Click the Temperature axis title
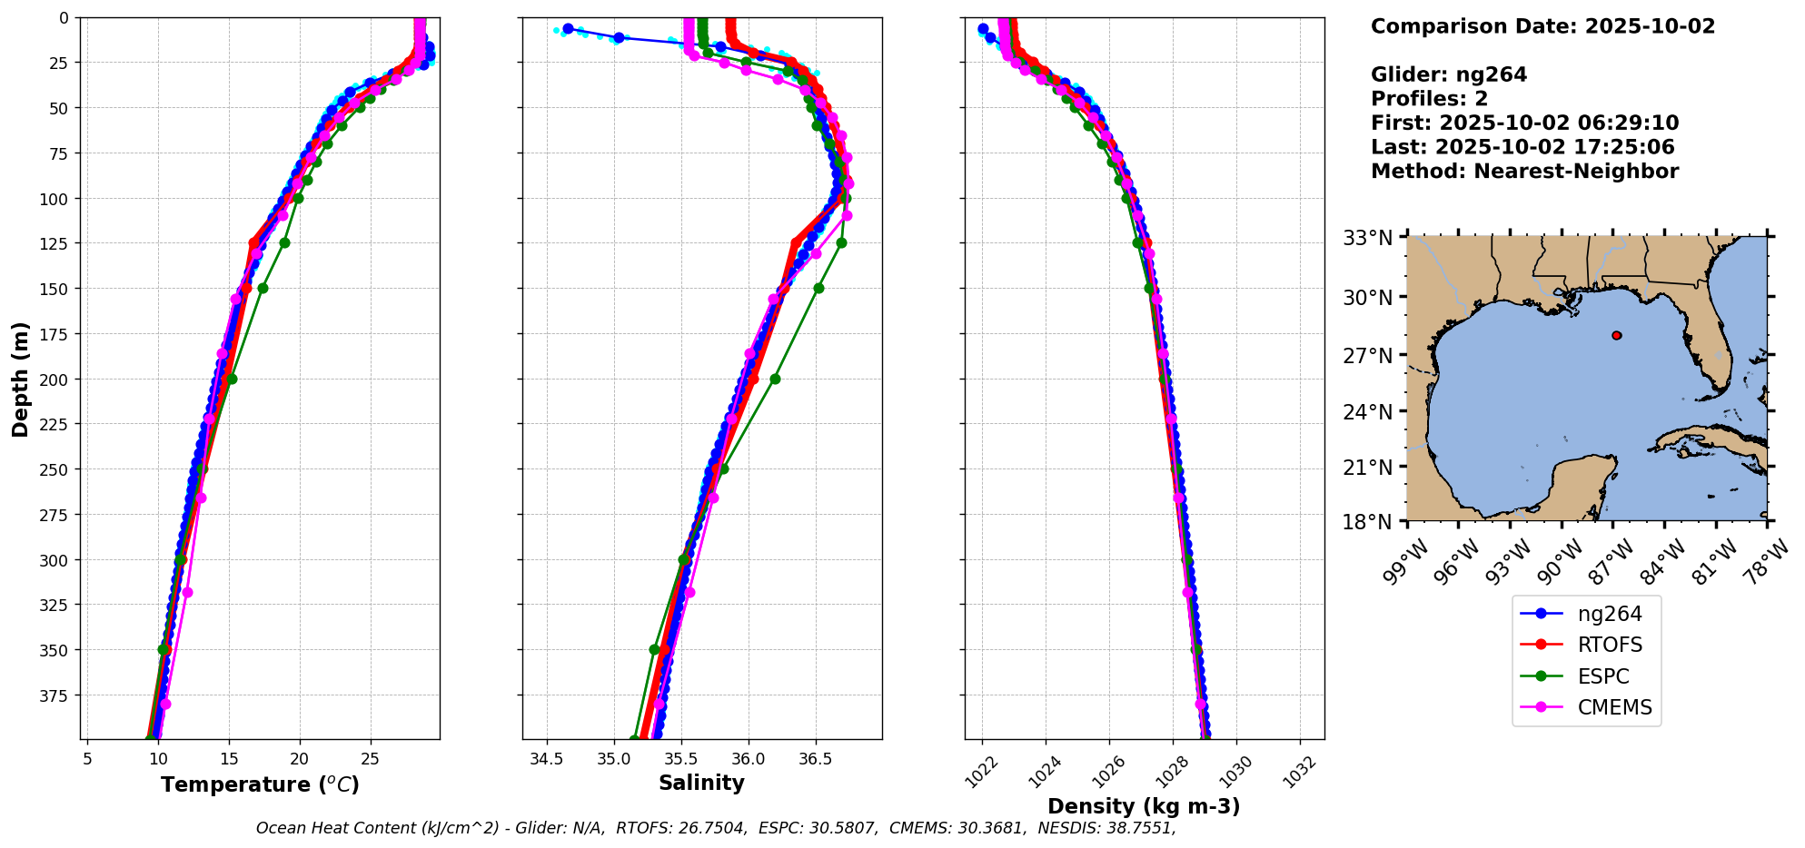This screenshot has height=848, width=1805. pos(260,784)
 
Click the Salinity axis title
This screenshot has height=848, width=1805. pos(701,783)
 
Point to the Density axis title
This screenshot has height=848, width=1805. pos(1144,806)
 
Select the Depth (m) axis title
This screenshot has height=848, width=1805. pos(20,379)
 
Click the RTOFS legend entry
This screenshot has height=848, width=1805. pos(1610,646)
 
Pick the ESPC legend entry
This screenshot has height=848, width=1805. pos(1603,676)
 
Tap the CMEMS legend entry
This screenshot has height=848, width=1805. pos(1614,707)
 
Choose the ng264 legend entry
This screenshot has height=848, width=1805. pos(1610,614)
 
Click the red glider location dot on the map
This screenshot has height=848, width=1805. pos(1616,335)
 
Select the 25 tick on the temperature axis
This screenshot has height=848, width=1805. pos(370,759)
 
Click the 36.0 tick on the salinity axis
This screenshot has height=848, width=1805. pos(748,759)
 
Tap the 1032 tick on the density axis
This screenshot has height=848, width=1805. pos(1299,772)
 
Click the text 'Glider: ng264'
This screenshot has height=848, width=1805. pos(1448,74)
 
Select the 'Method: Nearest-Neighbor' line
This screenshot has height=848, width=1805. pos(1524,171)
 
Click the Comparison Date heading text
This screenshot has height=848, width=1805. pos(1542,26)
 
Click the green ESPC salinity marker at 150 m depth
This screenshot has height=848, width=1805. pos(818,288)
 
